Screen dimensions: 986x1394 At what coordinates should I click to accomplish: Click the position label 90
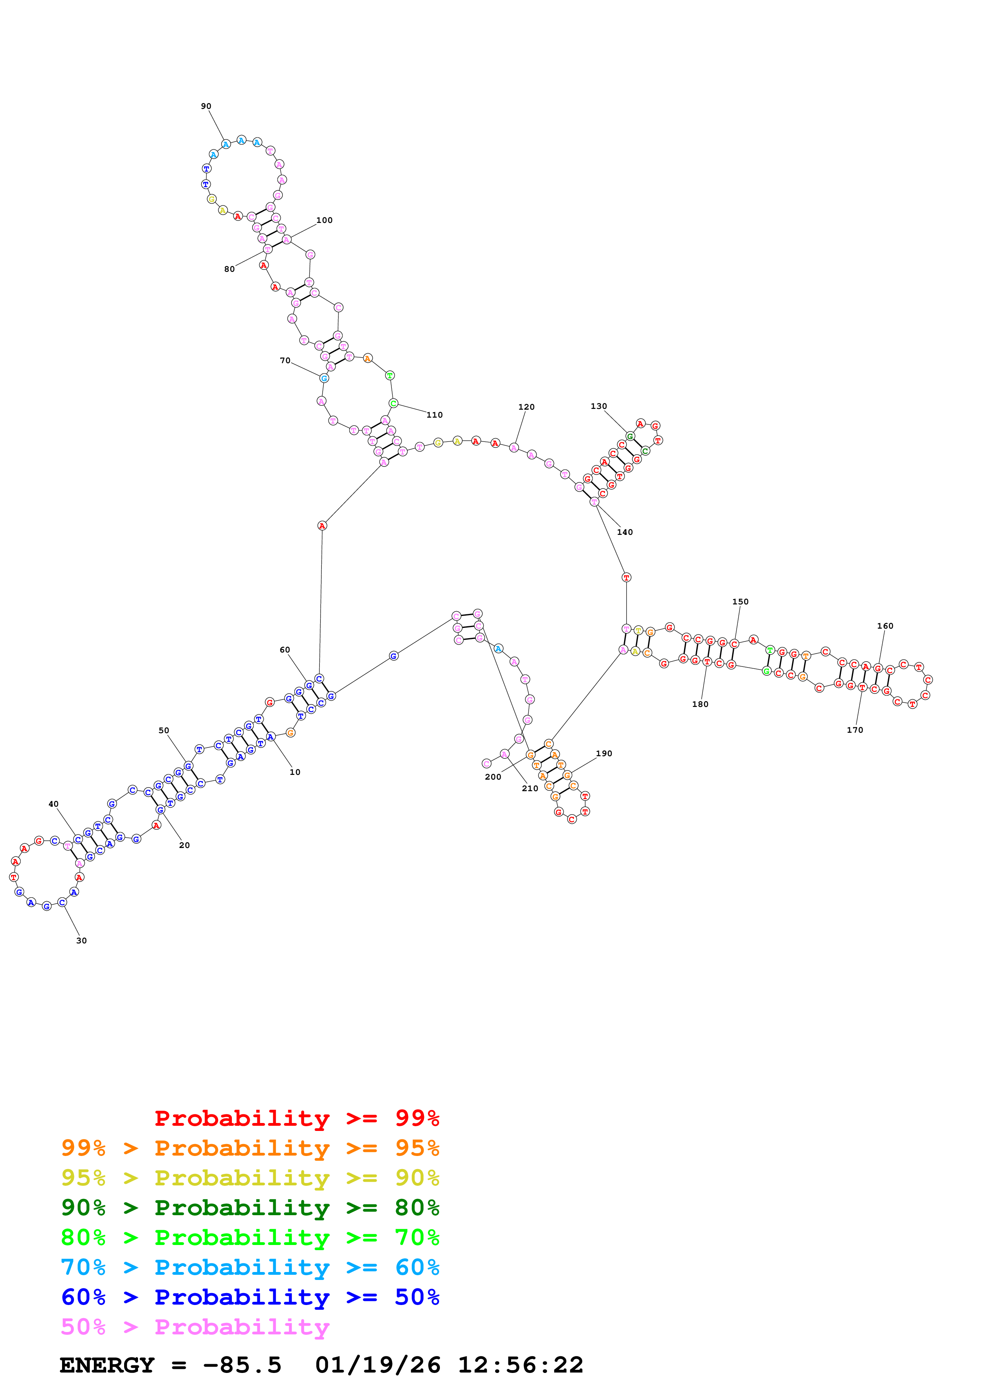(x=206, y=106)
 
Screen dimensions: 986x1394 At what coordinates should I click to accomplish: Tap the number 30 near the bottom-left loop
(x=82, y=941)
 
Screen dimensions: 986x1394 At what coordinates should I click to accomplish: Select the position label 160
(x=885, y=626)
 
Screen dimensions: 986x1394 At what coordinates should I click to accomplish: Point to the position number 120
(x=526, y=407)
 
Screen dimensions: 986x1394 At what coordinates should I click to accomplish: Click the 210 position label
(x=530, y=788)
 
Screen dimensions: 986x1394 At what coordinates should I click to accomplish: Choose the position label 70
(x=285, y=361)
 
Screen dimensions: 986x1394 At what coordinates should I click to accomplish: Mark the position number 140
(x=624, y=532)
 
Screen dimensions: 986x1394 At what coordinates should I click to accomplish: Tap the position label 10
(x=295, y=772)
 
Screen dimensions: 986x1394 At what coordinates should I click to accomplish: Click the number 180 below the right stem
(x=700, y=704)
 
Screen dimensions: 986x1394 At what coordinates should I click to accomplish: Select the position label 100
(x=325, y=221)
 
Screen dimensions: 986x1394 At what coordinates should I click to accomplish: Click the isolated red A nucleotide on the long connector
(x=322, y=526)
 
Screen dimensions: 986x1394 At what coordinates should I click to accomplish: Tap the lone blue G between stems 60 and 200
(x=394, y=656)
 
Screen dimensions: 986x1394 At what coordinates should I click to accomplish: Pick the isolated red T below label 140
(x=626, y=577)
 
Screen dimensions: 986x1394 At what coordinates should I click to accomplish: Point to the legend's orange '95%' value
(x=417, y=1148)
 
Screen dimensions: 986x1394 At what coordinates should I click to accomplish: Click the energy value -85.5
(x=242, y=1365)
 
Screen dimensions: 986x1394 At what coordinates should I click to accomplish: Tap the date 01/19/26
(x=378, y=1365)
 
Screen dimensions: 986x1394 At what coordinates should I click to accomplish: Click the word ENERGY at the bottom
(x=107, y=1365)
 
